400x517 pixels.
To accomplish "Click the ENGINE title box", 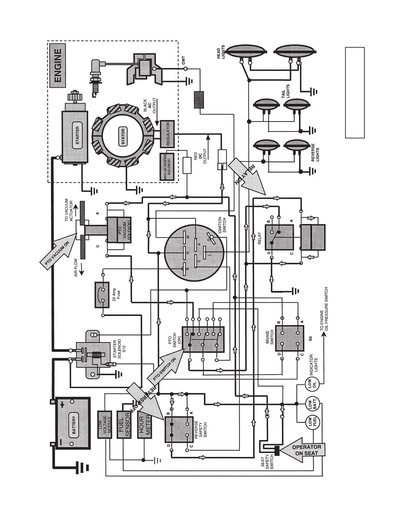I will click(x=58, y=66).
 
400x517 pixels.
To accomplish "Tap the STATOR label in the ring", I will click(x=123, y=137).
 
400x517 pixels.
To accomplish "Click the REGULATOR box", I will click(x=168, y=133).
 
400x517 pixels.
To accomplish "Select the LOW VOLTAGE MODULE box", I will click(x=105, y=424).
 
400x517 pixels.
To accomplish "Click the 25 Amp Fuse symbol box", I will click(x=103, y=295).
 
